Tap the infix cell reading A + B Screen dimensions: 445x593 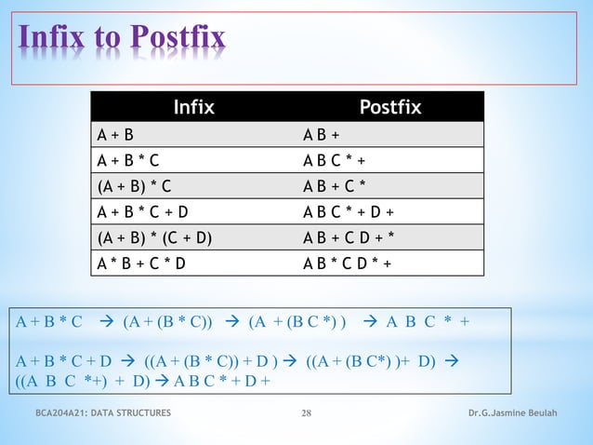[x=115, y=134]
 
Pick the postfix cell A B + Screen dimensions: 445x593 [x=321, y=134]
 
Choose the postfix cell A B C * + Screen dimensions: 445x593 [x=339, y=160]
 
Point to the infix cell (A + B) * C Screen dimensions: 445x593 [x=135, y=186]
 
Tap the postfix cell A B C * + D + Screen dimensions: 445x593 [x=354, y=211]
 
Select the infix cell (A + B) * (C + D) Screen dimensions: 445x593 [x=154, y=237]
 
